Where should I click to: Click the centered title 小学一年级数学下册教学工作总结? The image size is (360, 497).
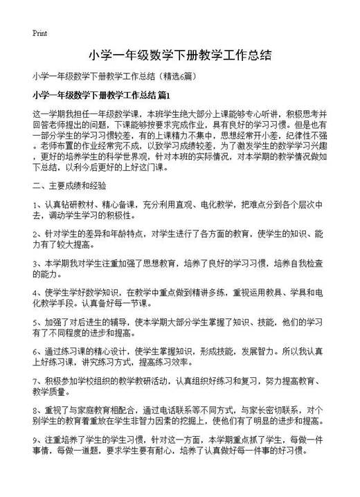pyautogui.click(x=179, y=55)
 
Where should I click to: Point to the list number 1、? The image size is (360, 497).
pyautogui.click(x=38, y=205)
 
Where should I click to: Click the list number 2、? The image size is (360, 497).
pyautogui.click(x=38, y=235)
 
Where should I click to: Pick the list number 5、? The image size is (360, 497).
pyautogui.click(x=38, y=323)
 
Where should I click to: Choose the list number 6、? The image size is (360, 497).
pyautogui.click(x=38, y=352)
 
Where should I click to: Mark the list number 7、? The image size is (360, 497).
pyautogui.click(x=38, y=381)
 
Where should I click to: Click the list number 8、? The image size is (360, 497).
pyautogui.click(x=38, y=410)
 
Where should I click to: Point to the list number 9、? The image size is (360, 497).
pyautogui.click(x=38, y=440)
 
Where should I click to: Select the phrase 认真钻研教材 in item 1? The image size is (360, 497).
pyautogui.click(x=67, y=205)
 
